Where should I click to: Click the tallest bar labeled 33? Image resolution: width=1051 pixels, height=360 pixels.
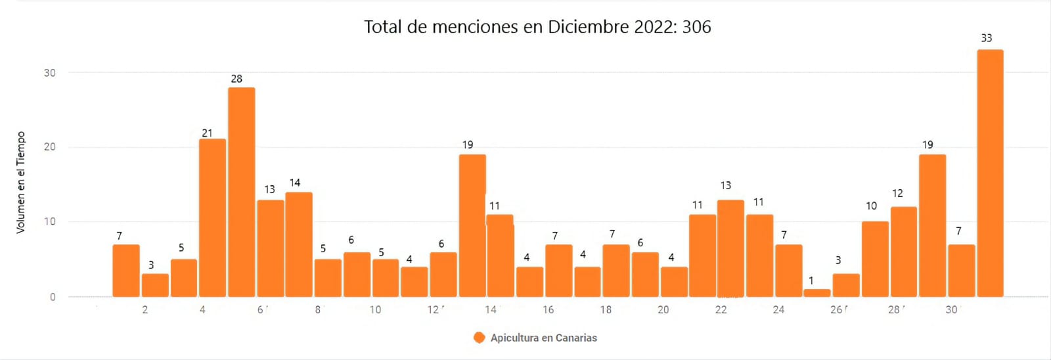click(x=990, y=173)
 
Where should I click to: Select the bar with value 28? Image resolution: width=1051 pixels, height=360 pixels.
click(x=242, y=192)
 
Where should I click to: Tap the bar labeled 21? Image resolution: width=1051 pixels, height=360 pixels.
click(x=212, y=217)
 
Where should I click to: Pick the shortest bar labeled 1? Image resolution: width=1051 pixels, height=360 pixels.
click(x=817, y=293)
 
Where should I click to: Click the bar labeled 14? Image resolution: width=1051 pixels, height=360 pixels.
click(x=299, y=244)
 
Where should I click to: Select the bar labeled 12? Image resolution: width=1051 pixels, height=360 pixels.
click(x=904, y=252)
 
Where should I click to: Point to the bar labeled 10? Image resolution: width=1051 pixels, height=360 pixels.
click(x=875, y=259)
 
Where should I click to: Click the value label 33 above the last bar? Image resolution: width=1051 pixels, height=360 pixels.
click(x=986, y=38)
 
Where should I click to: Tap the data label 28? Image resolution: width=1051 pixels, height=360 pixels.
click(x=236, y=79)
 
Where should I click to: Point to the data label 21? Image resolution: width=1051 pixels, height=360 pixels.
click(x=207, y=133)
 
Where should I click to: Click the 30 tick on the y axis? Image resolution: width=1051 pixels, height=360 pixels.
click(x=50, y=73)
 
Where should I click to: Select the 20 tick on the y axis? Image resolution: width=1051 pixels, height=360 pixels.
click(x=50, y=147)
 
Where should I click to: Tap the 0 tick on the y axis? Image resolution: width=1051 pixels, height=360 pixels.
click(x=53, y=297)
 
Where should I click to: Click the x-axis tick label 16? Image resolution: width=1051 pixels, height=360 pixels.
click(x=548, y=309)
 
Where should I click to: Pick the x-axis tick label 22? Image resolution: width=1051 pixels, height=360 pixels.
click(x=721, y=309)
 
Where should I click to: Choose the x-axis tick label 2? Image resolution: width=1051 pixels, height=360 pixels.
click(x=145, y=309)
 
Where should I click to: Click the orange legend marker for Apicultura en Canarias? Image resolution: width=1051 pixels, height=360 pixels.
click(x=479, y=338)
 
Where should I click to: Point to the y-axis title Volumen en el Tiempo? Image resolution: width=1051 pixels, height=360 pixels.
click(x=21, y=182)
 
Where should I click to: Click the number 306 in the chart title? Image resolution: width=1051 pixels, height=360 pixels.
click(x=696, y=27)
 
